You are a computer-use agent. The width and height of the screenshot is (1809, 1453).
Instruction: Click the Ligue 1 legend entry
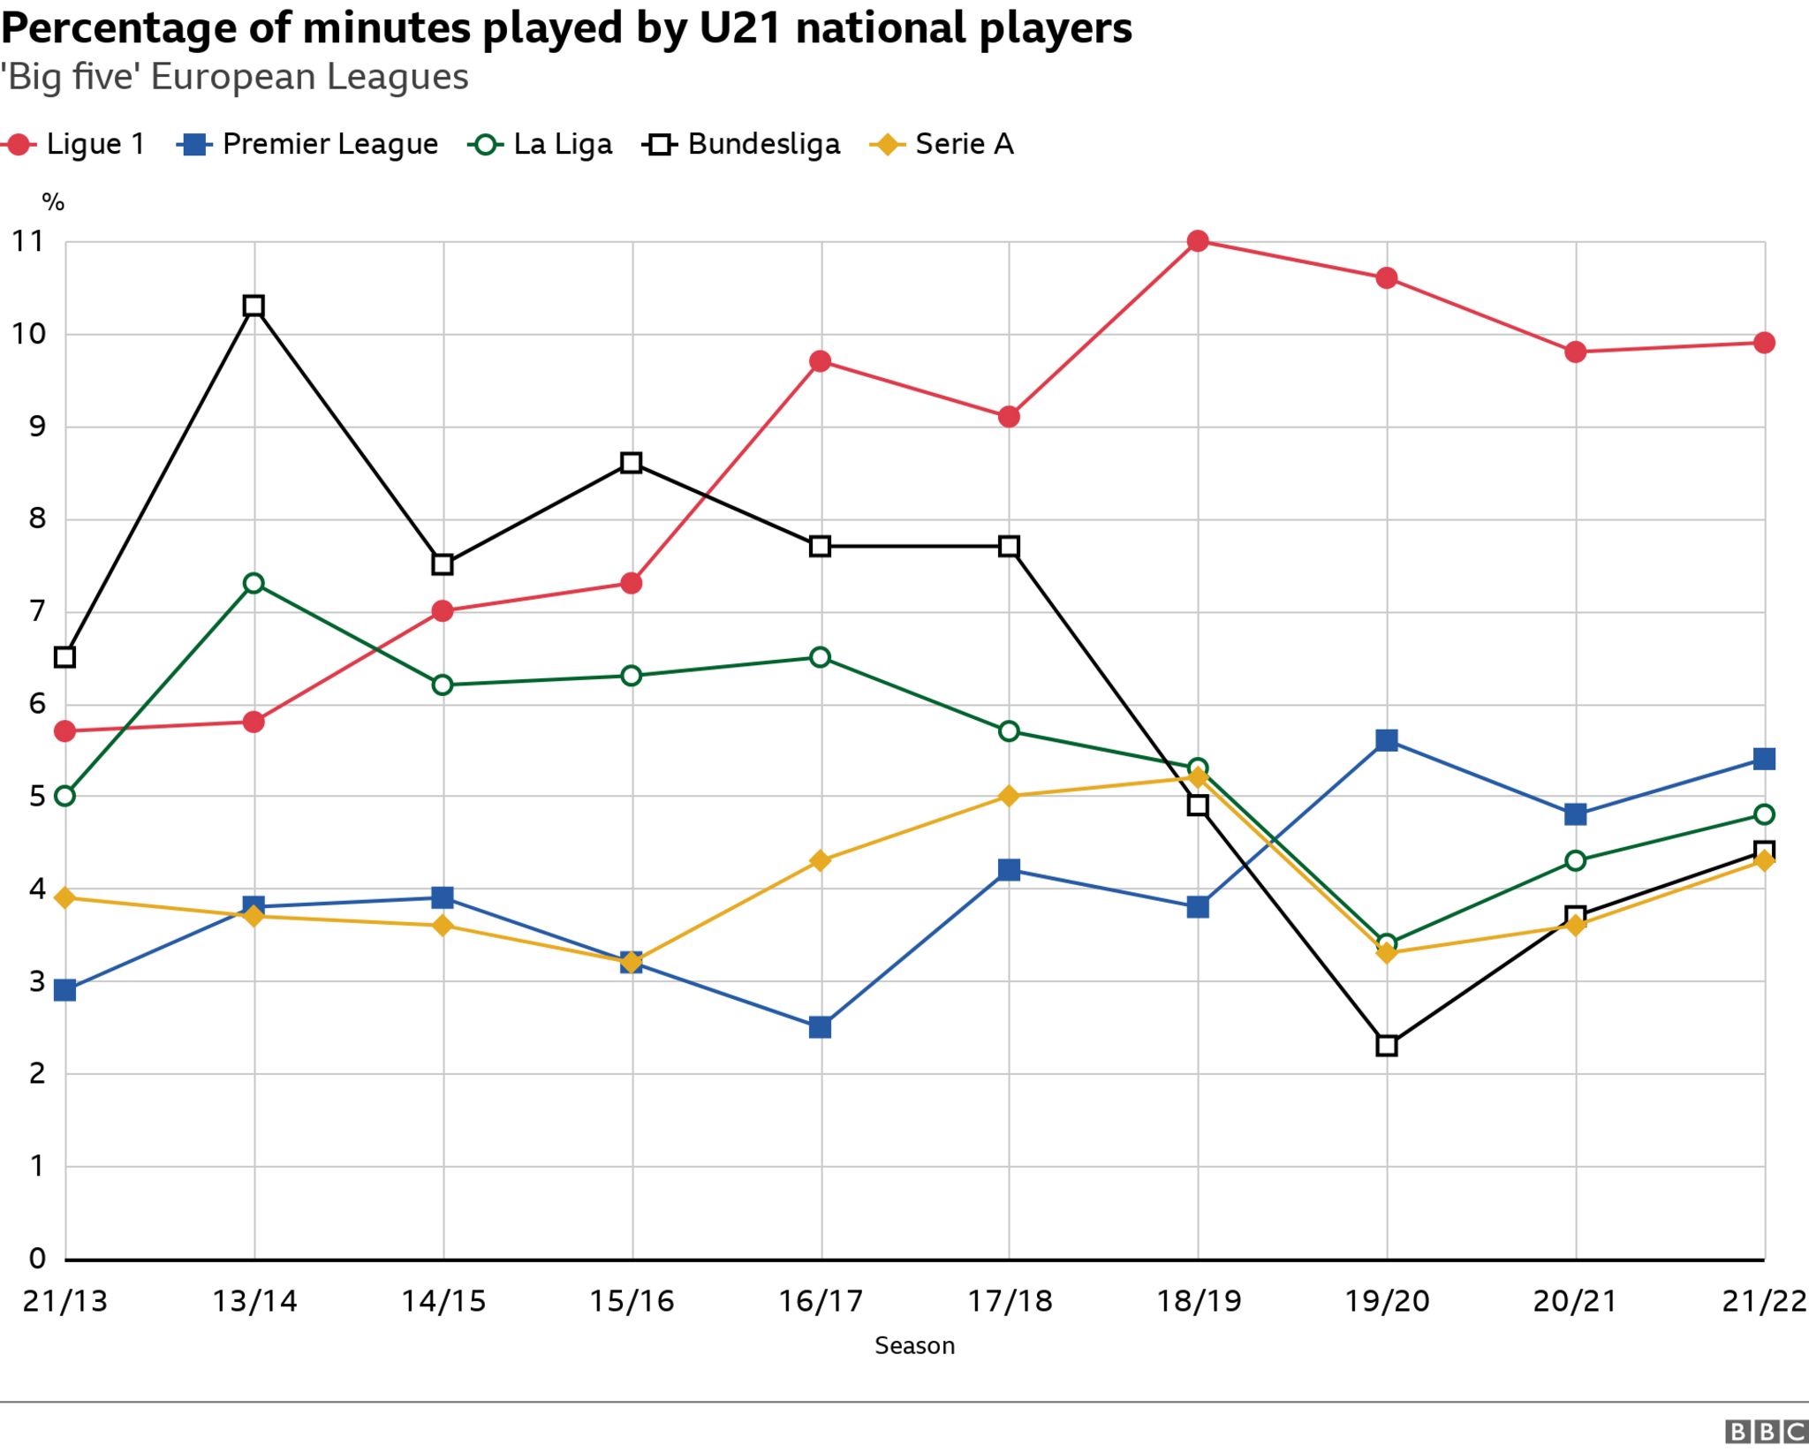(x=74, y=144)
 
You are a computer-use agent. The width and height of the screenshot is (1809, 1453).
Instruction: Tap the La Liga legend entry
(x=540, y=144)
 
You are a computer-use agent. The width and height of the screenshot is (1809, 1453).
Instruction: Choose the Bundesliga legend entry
(x=742, y=144)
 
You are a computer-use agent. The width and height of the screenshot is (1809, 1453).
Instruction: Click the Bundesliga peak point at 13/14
(x=254, y=306)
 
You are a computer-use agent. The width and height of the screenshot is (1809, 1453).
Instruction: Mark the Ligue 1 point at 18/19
(x=1198, y=241)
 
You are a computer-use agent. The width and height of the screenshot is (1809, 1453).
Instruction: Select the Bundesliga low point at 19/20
(x=1387, y=1046)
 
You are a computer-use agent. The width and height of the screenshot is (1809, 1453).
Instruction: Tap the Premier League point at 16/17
(x=820, y=1027)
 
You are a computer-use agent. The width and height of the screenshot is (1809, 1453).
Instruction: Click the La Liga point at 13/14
(x=254, y=583)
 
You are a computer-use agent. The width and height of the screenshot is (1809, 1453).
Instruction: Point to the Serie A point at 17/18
(x=1009, y=796)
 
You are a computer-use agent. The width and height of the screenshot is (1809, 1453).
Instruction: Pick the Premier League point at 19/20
(x=1387, y=740)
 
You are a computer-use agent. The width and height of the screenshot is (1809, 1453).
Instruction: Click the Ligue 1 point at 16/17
(x=820, y=361)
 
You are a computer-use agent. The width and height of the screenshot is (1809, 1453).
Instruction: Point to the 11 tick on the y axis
(x=28, y=241)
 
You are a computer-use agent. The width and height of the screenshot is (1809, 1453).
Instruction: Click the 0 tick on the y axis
(x=37, y=1258)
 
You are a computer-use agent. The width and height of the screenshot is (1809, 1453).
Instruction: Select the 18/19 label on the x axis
(x=1199, y=1301)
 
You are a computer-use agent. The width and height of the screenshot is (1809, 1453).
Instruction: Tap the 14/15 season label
(x=443, y=1301)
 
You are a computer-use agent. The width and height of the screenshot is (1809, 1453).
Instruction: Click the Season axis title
(x=914, y=1345)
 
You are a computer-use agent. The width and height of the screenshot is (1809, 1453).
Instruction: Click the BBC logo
(x=1765, y=1432)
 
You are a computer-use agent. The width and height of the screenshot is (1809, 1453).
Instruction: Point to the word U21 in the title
(x=740, y=28)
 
